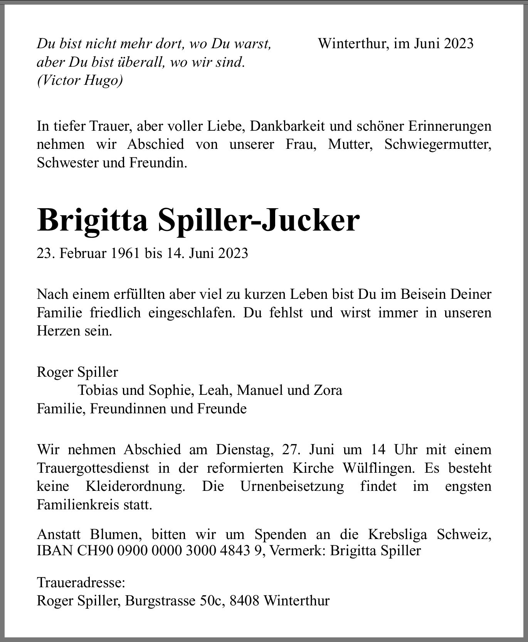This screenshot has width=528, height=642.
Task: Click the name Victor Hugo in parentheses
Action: pyautogui.click(x=80, y=81)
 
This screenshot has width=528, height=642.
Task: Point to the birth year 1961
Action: pyautogui.click(x=125, y=253)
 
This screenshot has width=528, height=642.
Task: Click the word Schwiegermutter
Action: pyautogui.click(x=437, y=144)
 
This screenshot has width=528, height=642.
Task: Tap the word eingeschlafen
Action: pyautogui.click(x=192, y=312)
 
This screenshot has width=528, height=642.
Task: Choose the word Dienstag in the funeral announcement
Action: pyautogui.click(x=245, y=449)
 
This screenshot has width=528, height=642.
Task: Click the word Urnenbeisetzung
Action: pyautogui.click(x=292, y=486)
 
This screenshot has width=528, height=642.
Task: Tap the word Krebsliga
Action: pyautogui.click(x=397, y=534)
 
